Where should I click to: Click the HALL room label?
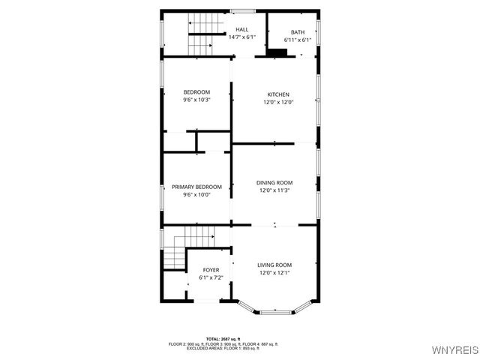241,29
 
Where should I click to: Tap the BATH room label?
298,32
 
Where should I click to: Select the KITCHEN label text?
277,94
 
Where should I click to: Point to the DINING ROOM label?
274,182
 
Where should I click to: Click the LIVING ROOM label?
274,265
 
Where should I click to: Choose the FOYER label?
211,269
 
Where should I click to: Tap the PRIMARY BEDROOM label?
196,187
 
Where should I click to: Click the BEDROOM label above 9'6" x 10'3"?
196,92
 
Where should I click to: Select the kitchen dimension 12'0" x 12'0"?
277,102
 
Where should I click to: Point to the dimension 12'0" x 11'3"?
274,190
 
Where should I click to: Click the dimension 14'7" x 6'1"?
241,37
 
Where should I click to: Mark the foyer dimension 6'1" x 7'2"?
211,277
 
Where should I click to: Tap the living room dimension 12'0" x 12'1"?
274,273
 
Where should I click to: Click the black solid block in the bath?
277,52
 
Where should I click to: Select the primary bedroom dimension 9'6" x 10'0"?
196,195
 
